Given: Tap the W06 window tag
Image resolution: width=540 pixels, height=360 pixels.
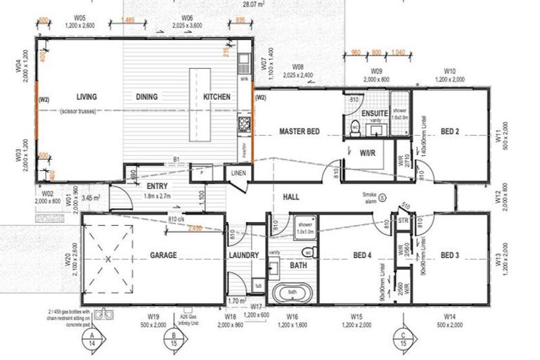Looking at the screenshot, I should [x=187, y=17].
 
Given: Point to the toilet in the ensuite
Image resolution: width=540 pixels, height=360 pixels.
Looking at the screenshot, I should [x=354, y=127].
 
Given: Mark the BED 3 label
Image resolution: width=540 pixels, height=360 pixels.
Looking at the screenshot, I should [x=451, y=255].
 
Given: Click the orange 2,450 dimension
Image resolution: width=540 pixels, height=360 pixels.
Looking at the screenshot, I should [x=194, y=229].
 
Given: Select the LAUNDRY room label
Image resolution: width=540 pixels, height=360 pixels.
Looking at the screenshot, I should [x=244, y=255].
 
